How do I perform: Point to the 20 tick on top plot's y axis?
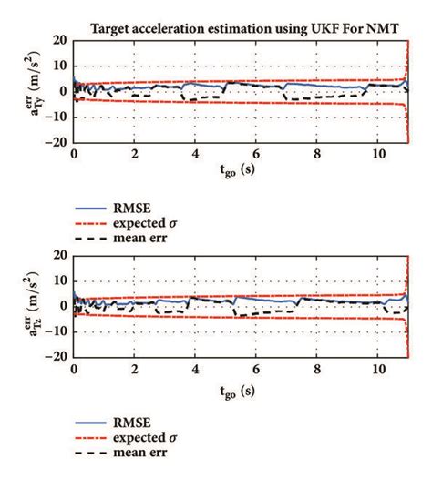click(x=59, y=41)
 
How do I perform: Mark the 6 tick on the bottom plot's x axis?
click(x=257, y=372)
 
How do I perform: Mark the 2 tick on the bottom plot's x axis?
click(x=135, y=372)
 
